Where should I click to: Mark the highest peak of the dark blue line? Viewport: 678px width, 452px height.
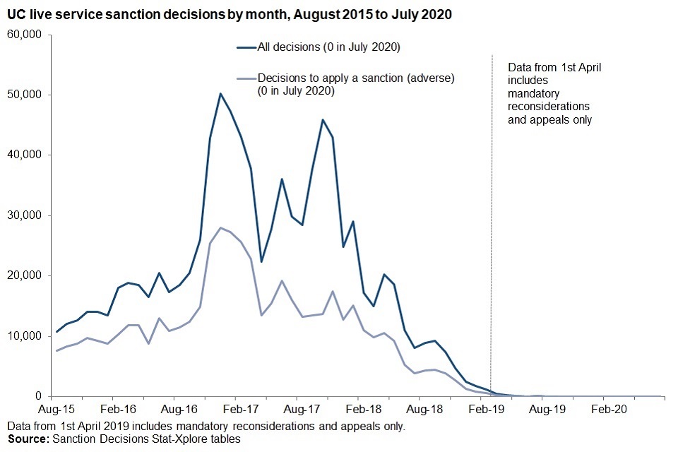click(220, 93)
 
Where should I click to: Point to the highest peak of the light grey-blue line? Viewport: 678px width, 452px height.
click(220, 227)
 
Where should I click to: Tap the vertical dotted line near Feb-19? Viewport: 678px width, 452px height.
click(492, 212)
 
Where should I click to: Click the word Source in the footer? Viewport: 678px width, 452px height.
click(26, 439)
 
